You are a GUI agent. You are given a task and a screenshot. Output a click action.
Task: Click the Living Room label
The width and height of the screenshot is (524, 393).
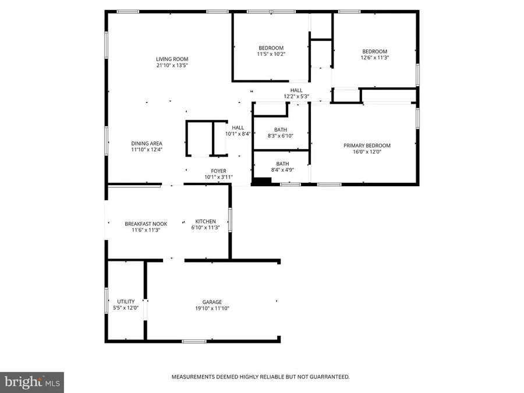pyautogui.click(x=172, y=59)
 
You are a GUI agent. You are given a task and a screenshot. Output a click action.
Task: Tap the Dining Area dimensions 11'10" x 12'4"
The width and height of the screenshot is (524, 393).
pyautogui.click(x=147, y=150)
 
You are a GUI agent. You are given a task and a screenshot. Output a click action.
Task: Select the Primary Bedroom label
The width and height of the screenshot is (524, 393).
pyautogui.click(x=367, y=146)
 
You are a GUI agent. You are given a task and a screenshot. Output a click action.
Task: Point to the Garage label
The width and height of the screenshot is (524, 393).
pyautogui.click(x=212, y=302)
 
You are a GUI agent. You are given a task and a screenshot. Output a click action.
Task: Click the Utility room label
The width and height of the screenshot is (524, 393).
pyautogui.click(x=126, y=302)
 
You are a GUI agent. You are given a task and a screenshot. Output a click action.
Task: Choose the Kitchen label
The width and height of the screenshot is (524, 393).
pyautogui.click(x=206, y=221)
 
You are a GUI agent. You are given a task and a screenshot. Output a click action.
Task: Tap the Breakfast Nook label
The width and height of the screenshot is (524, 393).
pyautogui.click(x=146, y=224)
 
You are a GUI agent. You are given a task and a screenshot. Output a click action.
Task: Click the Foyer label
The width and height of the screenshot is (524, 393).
pyautogui.click(x=218, y=171)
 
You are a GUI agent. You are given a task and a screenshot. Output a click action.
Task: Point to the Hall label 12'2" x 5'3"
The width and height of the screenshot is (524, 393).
pyautogui.click(x=296, y=93)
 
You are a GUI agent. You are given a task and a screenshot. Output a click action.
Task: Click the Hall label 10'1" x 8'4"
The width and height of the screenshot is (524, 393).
pyautogui.click(x=238, y=130)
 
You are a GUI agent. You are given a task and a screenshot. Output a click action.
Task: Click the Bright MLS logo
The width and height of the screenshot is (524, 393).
pyautogui.click(x=32, y=383)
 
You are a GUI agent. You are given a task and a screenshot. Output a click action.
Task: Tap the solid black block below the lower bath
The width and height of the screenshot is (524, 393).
pyautogui.click(x=261, y=181)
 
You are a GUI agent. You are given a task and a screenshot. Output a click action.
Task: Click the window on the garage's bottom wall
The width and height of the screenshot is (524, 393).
pyautogui.click(x=194, y=341)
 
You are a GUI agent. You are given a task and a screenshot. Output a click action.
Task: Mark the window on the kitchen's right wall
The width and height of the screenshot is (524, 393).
pyautogui.click(x=230, y=220)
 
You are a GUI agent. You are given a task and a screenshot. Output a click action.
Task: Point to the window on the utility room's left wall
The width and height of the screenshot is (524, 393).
pyautogui.click(x=107, y=300)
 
